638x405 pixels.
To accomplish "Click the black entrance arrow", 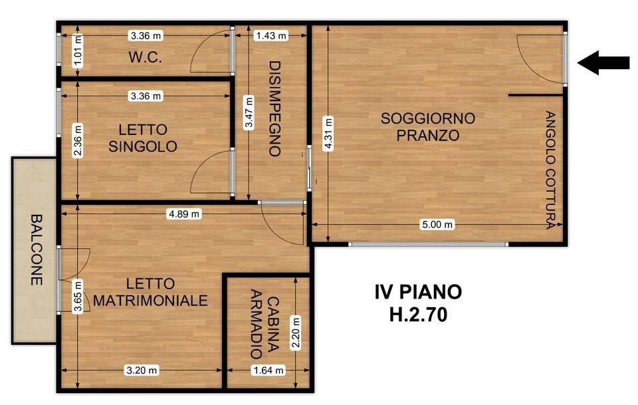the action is tap(603, 63).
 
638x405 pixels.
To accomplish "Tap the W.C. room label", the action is tap(146, 57).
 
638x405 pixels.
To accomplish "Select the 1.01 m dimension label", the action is tap(78, 51).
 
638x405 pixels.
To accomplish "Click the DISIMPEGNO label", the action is tap(275, 108).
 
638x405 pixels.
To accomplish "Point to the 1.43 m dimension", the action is tap(271, 36).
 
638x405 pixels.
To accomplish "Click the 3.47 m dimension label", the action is tap(249, 112).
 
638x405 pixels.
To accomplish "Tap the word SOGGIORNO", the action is tap(427, 118).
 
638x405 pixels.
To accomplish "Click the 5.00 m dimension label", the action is tap(437, 224).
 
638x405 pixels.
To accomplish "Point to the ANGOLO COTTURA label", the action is tap(550, 170).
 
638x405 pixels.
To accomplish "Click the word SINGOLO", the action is tap(143, 146).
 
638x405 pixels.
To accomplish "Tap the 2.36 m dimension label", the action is tap(78, 141).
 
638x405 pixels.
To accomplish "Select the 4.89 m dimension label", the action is tap(184, 213).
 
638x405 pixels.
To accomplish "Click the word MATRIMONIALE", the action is tap(151, 301).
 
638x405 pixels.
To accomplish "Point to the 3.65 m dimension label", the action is tap(78, 297).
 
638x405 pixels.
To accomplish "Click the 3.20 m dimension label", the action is tap(142, 370).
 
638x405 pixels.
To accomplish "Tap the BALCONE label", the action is tap(37, 250).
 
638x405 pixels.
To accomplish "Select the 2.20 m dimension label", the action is tap(296, 333).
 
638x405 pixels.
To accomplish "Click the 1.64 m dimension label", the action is tap(268, 370).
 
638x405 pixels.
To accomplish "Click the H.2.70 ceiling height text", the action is tap(418, 315).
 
